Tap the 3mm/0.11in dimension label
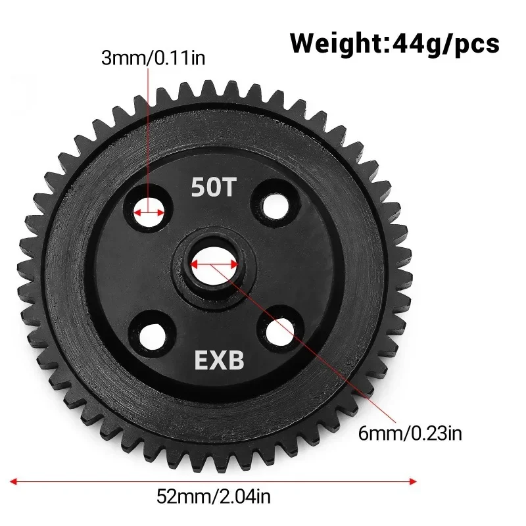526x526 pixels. [153, 59]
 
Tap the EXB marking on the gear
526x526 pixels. [218, 360]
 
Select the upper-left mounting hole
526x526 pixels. [149, 212]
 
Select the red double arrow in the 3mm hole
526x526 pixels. [149, 213]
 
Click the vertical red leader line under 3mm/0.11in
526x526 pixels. [148, 131]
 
